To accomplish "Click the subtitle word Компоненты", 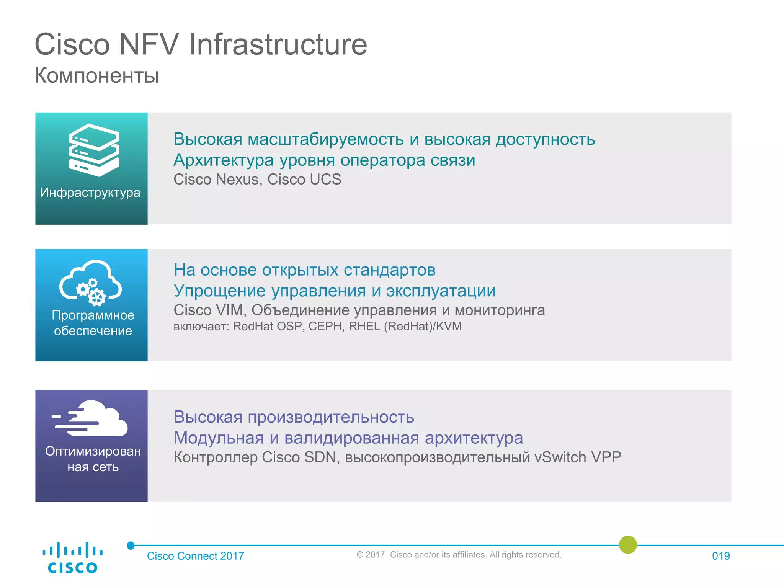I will pyautogui.click(x=96, y=75).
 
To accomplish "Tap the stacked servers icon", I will pyautogui.click(x=94, y=150).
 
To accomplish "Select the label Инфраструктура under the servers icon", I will pyautogui.click(x=90, y=192).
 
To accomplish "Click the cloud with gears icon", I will pyautogui.click(x=91, y=283).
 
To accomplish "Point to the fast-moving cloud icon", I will pyautogui.click(x=90, y=418).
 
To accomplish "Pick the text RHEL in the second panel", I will pyautogui.click(x=364, y=326).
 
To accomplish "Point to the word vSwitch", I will pyautogui.click(x=560, y=457).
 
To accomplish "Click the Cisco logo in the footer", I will pyautogui.click(x=72, y=557).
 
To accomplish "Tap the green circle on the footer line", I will pyautogui.click(x=628, y=545).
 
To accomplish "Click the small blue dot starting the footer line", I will pyautogui.click(x=131, y=546).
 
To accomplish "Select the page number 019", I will pyautogui.click(x=721, y=556).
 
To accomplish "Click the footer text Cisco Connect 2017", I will pyautogui.click(x=196, y=556).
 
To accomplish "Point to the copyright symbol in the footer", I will pyautogui.click(x=360, y=555).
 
